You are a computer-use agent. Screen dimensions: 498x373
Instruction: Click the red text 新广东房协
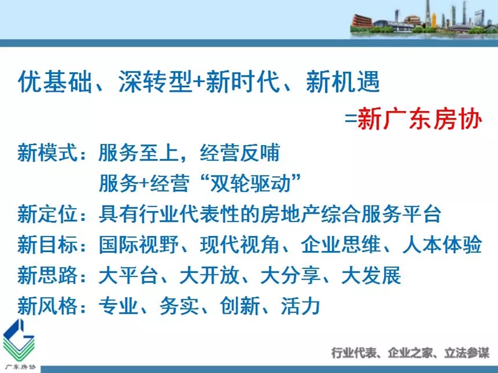click(420, 120)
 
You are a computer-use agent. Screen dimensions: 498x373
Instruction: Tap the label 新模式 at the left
click(47, 153)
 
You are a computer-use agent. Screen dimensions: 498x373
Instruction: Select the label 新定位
click(47, 214)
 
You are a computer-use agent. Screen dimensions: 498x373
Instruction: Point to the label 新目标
click(47, 244)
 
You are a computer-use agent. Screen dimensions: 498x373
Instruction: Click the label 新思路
click(47, 275)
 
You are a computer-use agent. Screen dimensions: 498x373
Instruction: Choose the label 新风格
click(47, 305)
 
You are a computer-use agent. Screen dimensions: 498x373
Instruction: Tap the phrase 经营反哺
click(240, 153)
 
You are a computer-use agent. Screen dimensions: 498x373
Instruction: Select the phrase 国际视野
click(139, 244)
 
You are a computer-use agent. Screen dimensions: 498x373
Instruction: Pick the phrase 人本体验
click(443, 244)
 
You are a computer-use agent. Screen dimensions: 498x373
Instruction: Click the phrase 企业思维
click(341, 244)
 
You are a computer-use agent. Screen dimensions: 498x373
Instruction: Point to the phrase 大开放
click(209, 275)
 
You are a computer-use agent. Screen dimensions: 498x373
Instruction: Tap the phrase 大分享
click(290, 275)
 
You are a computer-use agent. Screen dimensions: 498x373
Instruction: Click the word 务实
click(179, 305)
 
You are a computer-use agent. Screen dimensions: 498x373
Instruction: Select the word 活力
click(301, 305)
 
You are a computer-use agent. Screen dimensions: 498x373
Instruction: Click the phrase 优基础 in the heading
click(55, 82)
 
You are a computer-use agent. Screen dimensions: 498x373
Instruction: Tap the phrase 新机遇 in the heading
click(343, 82)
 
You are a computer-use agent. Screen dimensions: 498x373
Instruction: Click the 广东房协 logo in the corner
click(19, 345)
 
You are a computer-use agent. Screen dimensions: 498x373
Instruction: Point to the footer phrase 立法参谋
click(466, 353)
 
